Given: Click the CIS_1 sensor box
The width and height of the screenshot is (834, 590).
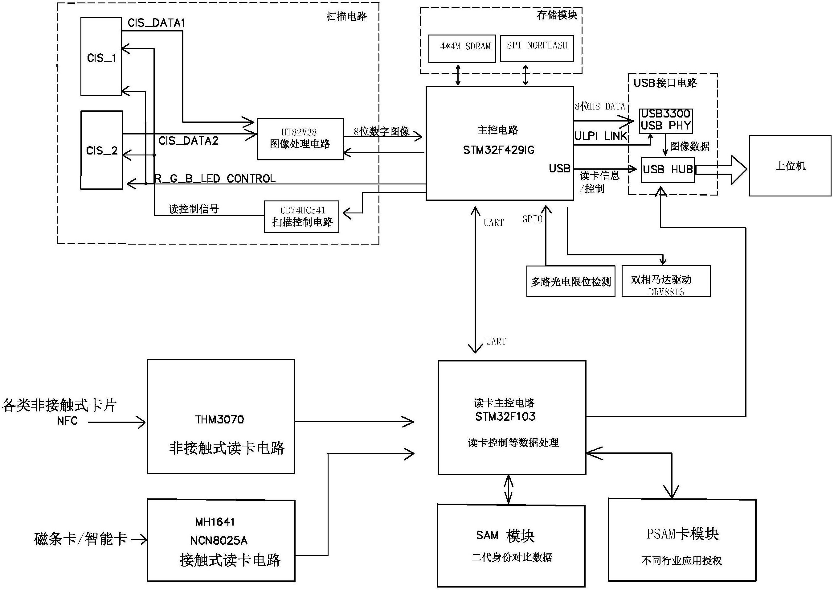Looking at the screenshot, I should (x=101, y=57).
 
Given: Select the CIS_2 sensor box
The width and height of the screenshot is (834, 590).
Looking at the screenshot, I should (x=101, y=150).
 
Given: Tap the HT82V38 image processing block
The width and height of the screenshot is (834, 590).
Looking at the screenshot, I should (x=300, y=139).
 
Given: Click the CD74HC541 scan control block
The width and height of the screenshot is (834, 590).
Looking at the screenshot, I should (x=301, y=217).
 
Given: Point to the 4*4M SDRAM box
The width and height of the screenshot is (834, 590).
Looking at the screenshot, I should (x=462, y=49).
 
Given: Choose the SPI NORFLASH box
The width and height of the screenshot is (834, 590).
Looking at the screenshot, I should (x=537, y=48).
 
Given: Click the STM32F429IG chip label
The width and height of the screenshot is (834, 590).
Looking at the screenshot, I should (x=498, y=150).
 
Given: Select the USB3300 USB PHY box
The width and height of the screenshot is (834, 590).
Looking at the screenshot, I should (x=665, y=121).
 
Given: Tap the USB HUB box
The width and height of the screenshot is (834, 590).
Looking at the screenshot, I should (x=668, y=170).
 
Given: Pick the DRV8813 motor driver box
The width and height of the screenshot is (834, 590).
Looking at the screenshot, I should (x=666, y=281).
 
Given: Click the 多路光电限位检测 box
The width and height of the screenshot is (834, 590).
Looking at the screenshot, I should (x=571, y=281).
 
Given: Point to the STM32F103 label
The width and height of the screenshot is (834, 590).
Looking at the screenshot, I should (x=505, y=417).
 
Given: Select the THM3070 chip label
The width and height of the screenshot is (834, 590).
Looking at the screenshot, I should (x=220, y=419).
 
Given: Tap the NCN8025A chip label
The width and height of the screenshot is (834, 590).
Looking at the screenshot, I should (x=219, y=541).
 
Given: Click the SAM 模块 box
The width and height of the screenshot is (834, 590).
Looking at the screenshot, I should (x=511, y=545).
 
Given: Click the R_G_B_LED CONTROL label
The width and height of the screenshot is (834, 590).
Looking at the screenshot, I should (x=215, y=179).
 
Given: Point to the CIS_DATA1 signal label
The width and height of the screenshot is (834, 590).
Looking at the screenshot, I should (x=157, y=23).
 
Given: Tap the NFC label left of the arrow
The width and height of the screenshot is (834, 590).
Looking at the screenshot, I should (x=67, y=421).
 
